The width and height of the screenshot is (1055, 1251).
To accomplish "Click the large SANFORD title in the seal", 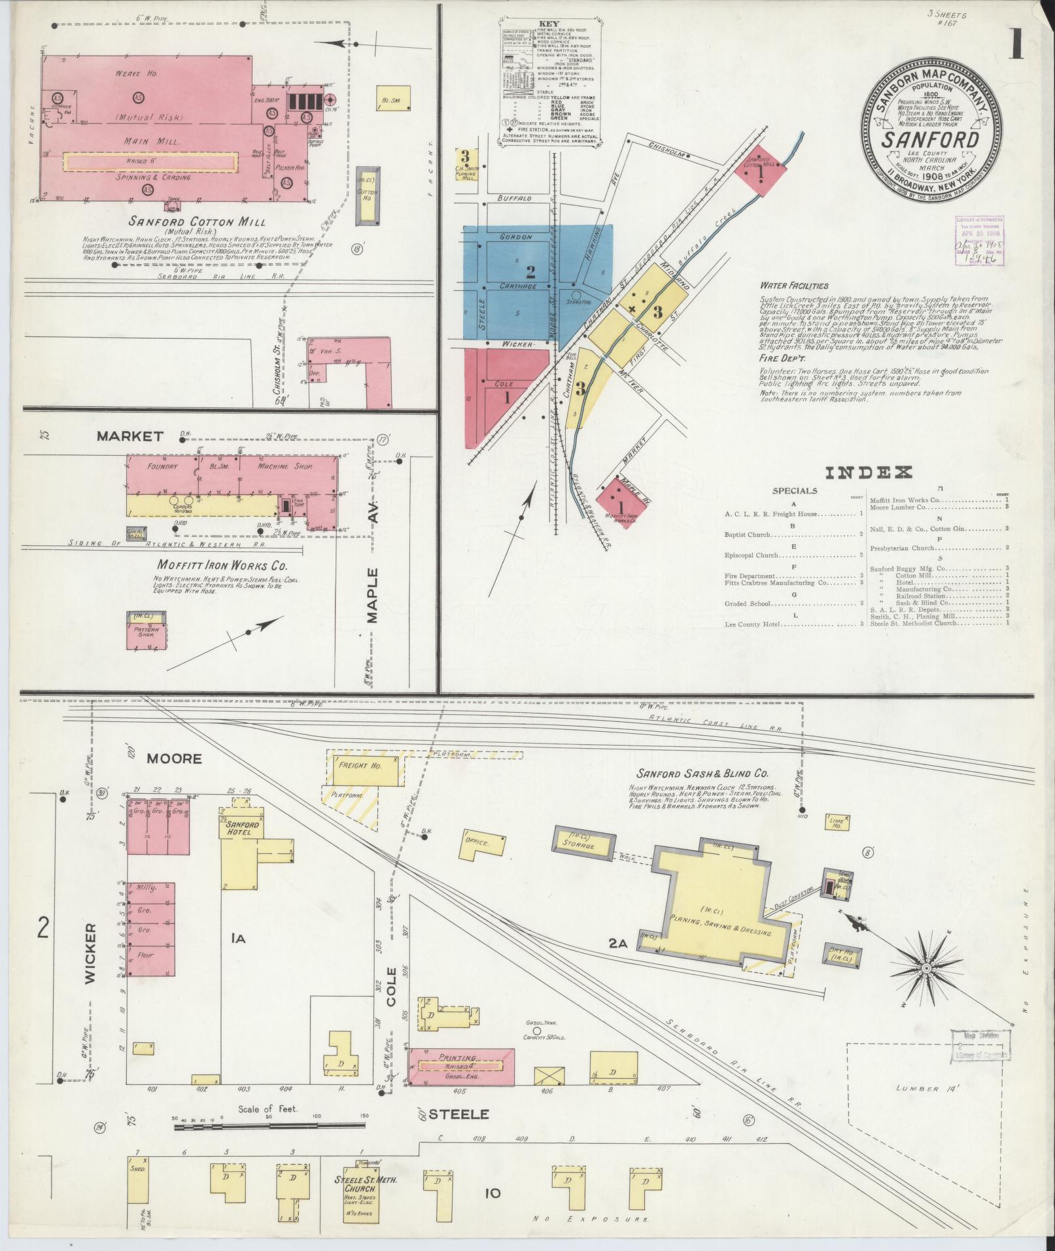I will pos(931,139).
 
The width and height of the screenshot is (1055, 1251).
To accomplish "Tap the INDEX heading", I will pos(869,472).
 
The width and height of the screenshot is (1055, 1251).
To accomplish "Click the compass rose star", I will pos(926,967).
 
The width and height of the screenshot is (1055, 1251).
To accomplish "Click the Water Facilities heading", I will pos(794,286).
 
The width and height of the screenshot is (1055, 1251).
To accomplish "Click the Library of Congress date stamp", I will pos(979,241).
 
